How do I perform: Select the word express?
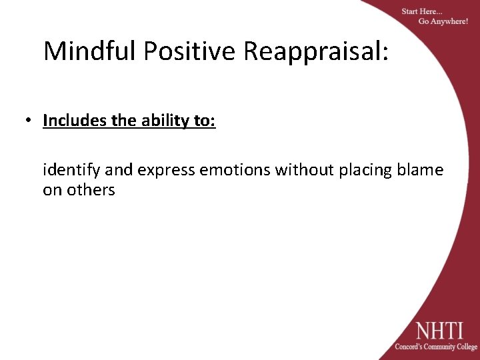pos(164,171)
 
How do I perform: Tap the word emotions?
pos(233,171)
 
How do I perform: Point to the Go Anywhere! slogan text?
pos(443,22)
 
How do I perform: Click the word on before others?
pos(52,190)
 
